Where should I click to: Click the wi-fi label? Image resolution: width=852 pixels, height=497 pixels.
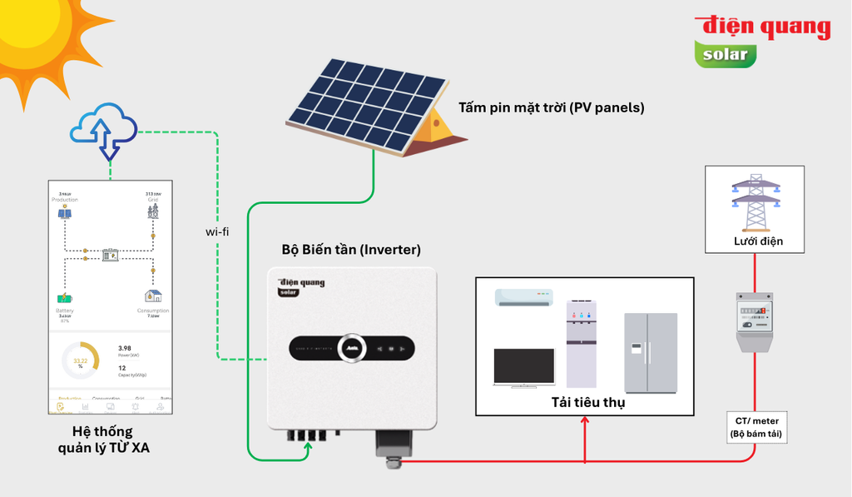217,231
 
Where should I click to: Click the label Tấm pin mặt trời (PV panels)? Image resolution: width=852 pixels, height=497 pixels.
551,107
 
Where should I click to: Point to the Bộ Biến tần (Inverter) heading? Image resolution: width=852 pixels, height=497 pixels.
351,249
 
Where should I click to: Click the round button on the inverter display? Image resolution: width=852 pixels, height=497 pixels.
352,349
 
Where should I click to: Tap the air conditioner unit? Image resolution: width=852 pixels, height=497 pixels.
523,297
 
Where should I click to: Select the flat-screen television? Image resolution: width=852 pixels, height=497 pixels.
523,367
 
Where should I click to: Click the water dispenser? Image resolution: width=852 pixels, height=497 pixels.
582,344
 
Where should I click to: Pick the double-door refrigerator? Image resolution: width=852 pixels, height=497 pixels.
651,353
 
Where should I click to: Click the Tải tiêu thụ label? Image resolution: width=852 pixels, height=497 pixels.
587,403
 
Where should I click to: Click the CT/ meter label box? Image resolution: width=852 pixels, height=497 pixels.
755,427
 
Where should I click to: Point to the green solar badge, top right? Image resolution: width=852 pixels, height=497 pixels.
726,55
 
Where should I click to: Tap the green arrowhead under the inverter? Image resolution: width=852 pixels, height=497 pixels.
309,447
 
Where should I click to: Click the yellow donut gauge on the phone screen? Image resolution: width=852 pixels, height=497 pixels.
81,361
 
